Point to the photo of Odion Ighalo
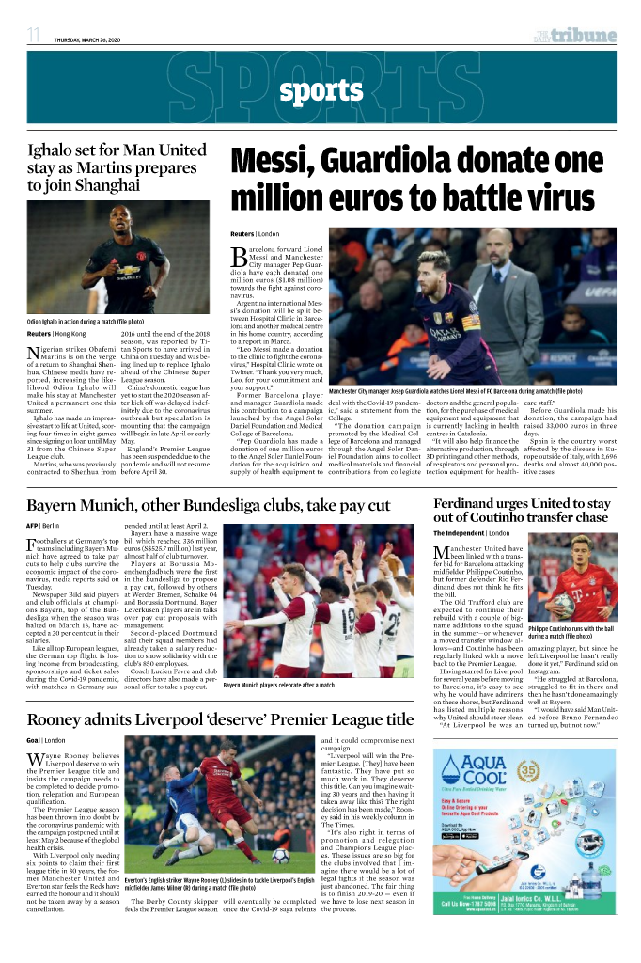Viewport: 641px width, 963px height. tap(117, 260)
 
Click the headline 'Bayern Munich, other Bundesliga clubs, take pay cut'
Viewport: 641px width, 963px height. tap(208, 506)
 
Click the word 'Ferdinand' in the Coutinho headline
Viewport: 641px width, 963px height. tap(468, 505)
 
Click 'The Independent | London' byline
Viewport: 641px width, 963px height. tap(477, 533)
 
